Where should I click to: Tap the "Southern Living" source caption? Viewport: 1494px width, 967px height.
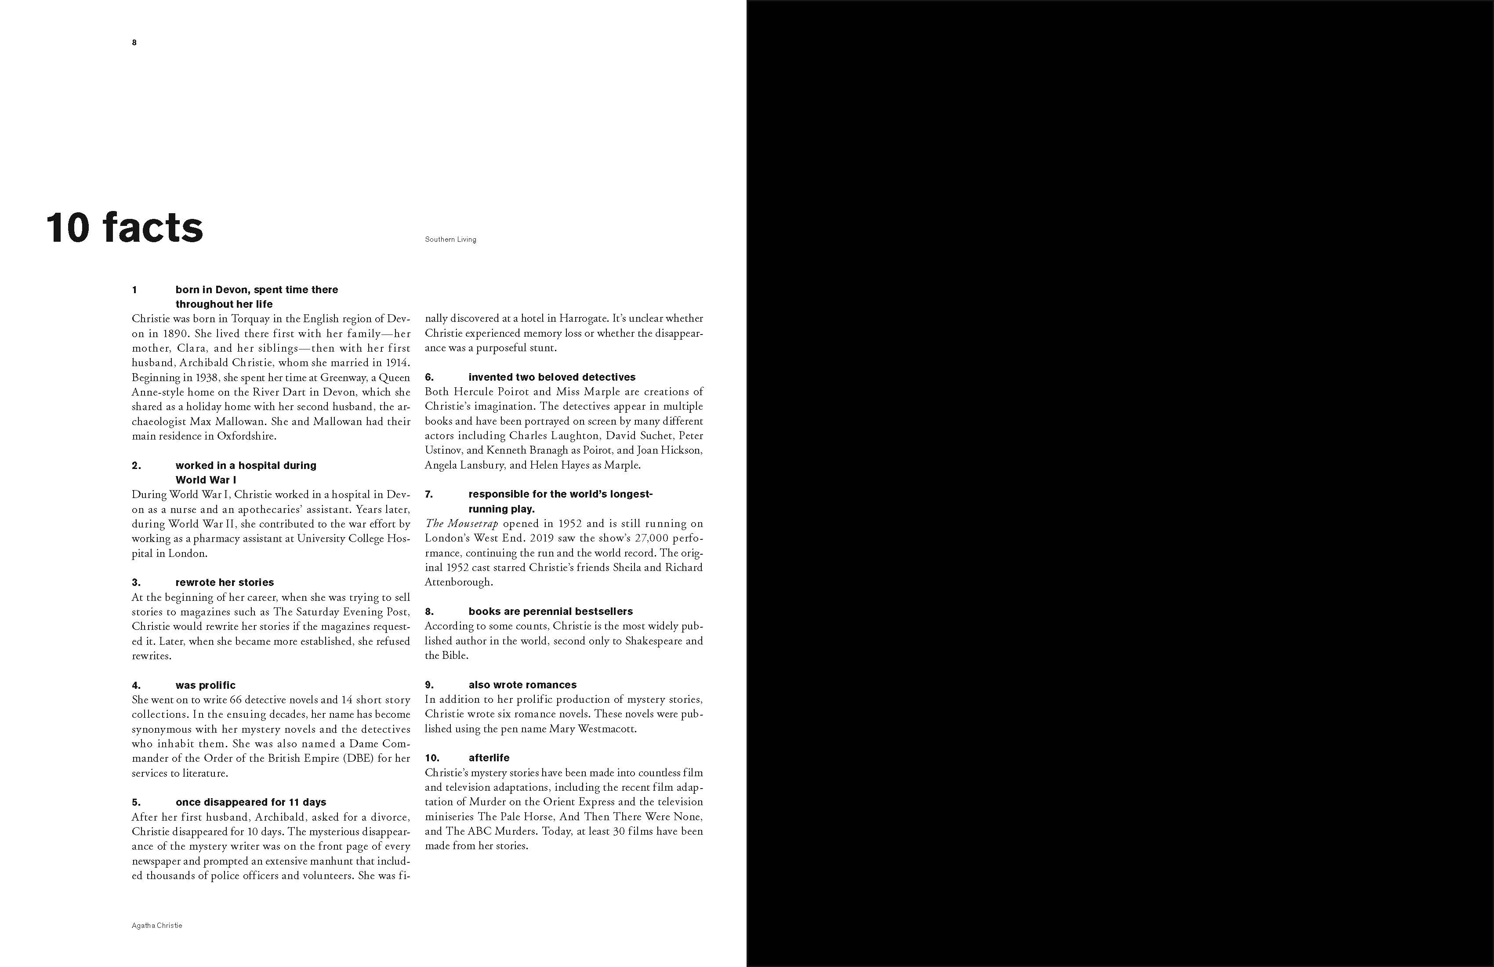point(450,239)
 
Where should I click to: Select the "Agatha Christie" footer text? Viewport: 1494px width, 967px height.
point(157,926)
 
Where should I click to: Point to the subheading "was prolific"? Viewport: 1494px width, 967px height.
point(205,685)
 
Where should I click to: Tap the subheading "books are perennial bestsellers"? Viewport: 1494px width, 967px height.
point(551,611)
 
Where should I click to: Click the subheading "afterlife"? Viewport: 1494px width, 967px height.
point(489,757)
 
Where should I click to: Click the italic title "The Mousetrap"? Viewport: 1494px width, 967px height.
point(461,523)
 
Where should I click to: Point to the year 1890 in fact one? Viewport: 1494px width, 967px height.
point(176,334)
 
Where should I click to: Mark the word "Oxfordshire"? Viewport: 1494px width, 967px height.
point(246,436)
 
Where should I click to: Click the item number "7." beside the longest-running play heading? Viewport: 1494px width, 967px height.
point(429,494)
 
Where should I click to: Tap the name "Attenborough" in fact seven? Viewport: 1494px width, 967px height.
point(459,582)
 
